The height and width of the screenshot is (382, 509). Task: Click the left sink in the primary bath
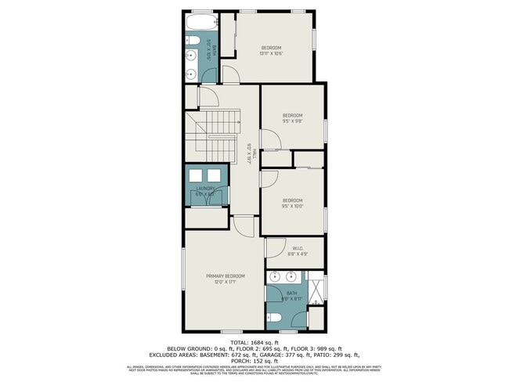[275, 277]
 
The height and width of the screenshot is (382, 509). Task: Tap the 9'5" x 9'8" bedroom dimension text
[292, 121]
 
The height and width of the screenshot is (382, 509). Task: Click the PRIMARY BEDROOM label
[225, 276]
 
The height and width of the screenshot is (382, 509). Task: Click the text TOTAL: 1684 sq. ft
[254, 343]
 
